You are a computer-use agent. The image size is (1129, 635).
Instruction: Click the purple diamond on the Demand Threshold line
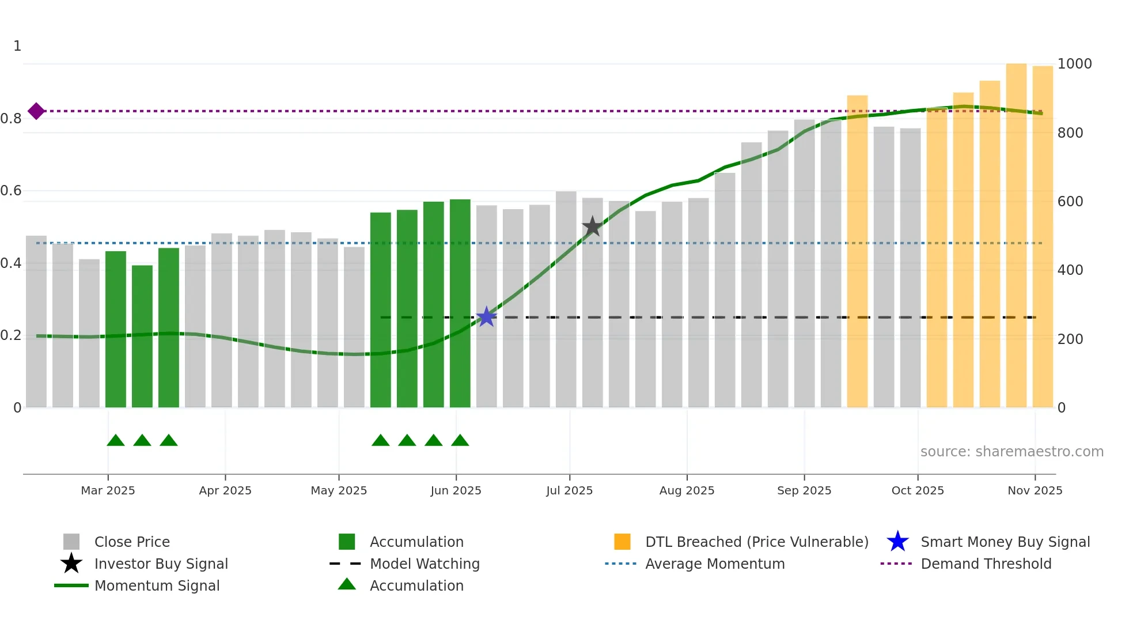click(36, 111)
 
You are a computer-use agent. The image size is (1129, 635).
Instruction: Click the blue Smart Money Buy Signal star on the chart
click(487, 316)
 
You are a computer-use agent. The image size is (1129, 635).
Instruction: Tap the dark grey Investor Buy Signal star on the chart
click(592, 226)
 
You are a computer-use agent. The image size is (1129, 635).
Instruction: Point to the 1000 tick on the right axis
click(1074, 64)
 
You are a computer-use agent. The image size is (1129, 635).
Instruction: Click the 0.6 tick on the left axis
click(12, 191)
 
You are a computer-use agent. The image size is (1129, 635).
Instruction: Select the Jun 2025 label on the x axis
click(456, 490)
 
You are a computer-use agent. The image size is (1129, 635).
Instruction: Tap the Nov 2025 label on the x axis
click(1035, 490)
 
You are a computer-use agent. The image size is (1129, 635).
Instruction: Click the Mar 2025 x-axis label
click(108, 490)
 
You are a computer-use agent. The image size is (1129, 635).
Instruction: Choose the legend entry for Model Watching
click(425, 564)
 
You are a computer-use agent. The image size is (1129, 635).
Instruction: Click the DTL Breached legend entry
click(756, 542)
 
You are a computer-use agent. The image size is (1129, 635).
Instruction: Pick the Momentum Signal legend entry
click(157, 585)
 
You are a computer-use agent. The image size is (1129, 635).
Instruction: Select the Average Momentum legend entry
click(714, 564)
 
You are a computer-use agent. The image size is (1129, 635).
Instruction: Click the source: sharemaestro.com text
click(1011, 452)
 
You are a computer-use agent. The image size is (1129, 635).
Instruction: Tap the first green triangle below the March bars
click(116, 441)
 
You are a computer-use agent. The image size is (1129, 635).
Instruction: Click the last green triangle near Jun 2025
click(460, 441)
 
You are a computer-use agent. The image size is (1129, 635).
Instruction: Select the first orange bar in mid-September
click(857, 251)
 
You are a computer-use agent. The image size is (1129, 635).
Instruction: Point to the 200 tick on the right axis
click(1070, 339)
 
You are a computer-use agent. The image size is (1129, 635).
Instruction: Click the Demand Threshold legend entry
click(986, 564)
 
